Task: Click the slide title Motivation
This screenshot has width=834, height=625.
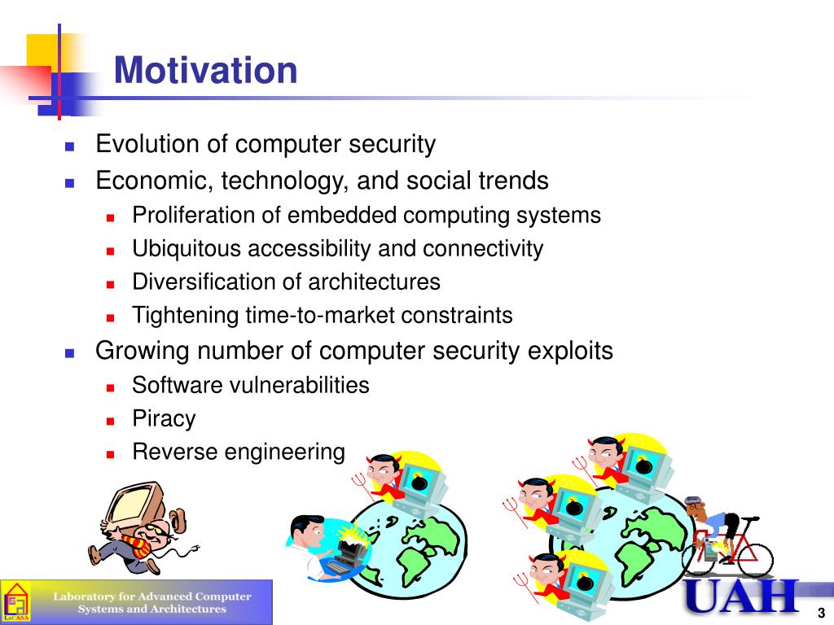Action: (205, 70)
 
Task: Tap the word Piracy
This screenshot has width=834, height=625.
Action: (164, 419)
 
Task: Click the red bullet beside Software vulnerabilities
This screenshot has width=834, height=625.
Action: (110, 387)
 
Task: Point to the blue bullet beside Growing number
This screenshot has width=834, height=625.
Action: (70, 353)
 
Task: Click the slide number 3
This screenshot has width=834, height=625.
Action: (821, 612)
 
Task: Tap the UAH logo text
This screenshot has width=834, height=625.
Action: (742, 597)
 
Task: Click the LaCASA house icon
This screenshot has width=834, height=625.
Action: (16, 602)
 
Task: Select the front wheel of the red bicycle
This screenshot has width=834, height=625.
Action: (753, 559)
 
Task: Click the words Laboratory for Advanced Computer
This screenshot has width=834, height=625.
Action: (152, 597)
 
